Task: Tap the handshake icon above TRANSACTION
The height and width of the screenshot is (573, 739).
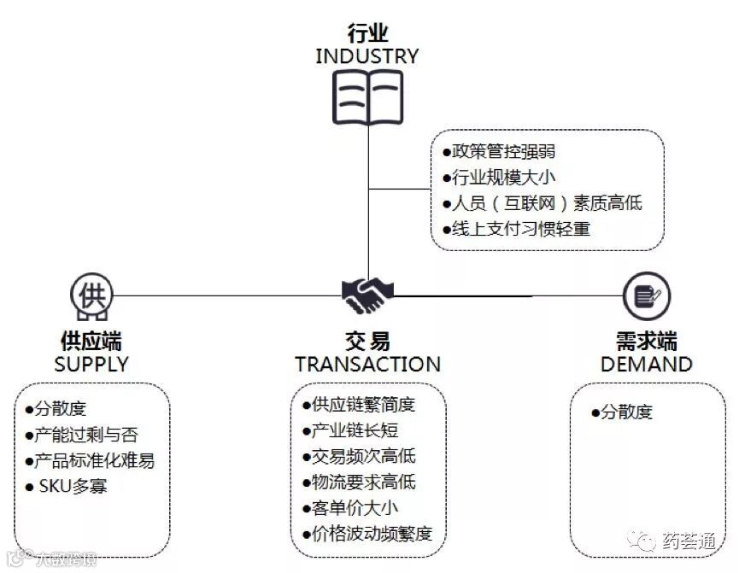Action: (367, 295)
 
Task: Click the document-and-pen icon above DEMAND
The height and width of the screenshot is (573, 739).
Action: (644, 295)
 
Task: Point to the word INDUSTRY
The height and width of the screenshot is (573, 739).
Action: (367, 56)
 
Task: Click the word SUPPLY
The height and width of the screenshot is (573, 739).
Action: (91, 364)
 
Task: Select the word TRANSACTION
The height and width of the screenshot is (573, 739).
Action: (367, 365)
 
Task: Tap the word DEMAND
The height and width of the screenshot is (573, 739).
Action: (646, 365)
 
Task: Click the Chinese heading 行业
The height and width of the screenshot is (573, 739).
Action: (367, 34)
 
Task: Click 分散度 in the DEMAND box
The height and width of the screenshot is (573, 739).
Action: (622, 412)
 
